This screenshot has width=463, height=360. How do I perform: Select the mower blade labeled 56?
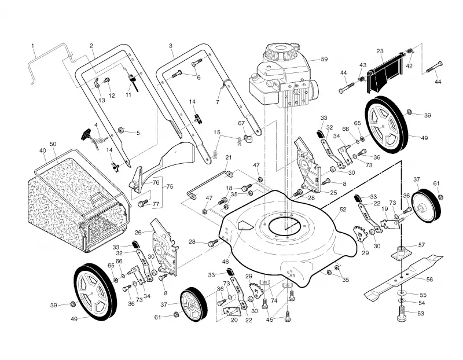(403, 277)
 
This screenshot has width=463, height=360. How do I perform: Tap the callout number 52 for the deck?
(343, 210)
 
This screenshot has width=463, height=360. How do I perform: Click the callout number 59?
(324, 59)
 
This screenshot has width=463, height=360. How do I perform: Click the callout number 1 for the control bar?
(33, 46)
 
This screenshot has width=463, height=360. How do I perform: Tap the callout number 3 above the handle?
(171, 46)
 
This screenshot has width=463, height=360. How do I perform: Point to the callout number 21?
(229, 157)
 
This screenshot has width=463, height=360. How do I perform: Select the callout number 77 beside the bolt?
(156, 204)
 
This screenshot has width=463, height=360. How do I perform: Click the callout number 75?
(170, 186)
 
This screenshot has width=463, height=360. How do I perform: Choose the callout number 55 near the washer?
(423, 295)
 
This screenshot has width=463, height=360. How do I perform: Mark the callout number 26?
(138, 233)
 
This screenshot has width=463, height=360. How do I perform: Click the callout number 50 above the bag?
(53, 144)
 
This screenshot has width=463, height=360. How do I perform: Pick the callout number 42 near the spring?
(409, 66)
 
